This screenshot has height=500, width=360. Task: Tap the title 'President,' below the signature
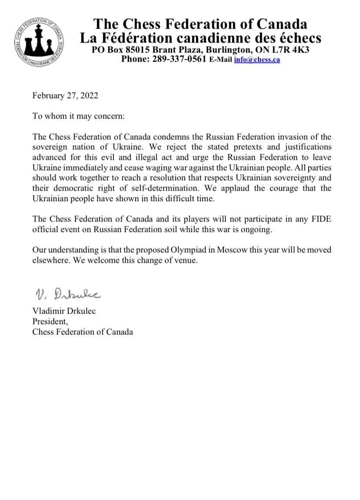[x=48, y=322]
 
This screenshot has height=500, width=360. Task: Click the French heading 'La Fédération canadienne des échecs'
[x=201, y=38]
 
